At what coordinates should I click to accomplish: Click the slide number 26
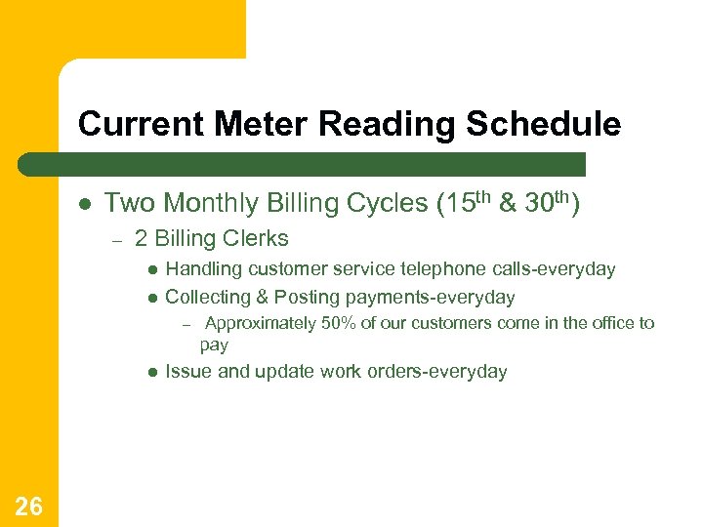pos(28,506)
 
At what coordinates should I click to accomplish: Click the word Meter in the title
pos(254,124)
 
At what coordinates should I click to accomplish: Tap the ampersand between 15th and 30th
pos(508,203)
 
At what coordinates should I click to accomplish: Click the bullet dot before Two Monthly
pos(85,204)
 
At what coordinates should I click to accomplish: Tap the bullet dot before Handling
pos(152,269)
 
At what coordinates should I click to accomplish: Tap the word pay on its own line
pos(214,345)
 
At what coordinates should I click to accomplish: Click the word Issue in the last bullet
pos(187,371)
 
